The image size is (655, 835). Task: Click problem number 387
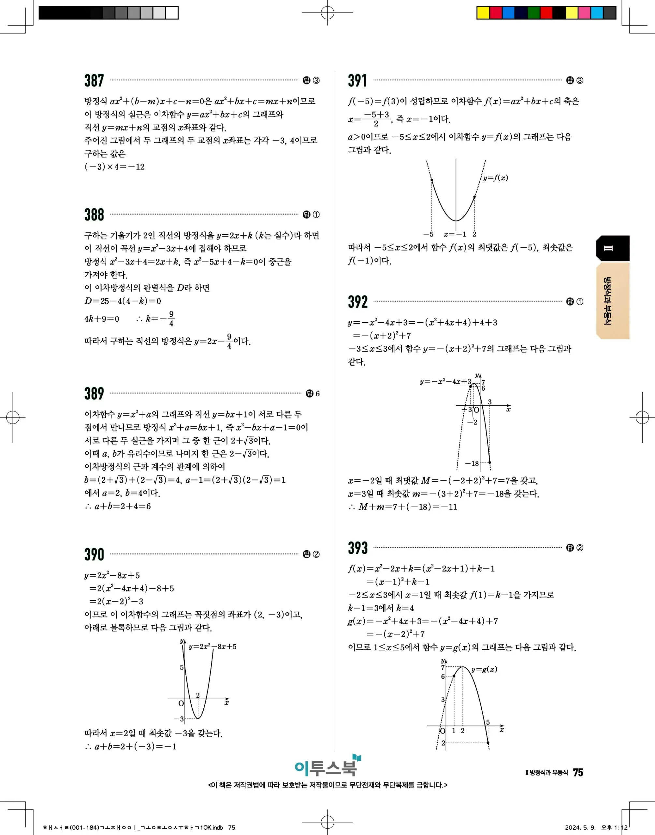click(94, 81)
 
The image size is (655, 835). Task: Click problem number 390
click(94, 554)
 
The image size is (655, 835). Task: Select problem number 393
click(357, 548)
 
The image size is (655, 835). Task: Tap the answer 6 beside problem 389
click(317, 394)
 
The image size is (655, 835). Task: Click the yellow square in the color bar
click(483, 13)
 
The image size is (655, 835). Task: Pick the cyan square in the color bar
click(597, 13)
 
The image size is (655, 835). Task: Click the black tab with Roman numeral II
click(612, 248)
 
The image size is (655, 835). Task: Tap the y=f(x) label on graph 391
click(495, 178)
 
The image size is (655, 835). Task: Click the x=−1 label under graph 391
click(455, 235)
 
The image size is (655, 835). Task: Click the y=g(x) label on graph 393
click(484, 669)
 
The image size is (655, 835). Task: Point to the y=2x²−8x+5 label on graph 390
click(212, 646)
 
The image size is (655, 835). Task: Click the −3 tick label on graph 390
click(179, 719)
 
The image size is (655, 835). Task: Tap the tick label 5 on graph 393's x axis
click(488, 722)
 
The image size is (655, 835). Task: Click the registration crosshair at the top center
click(327, 13)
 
